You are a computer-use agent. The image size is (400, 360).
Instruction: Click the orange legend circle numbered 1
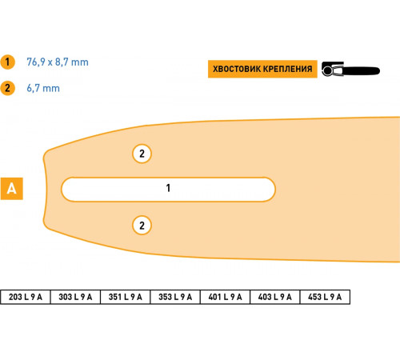(x=7, y=62)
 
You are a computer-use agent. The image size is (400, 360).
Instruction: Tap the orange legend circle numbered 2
(x=7, y=88)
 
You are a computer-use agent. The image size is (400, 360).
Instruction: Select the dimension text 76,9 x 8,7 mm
(x=58, y=62)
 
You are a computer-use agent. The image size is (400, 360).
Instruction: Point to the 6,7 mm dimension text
(x=43, y=88)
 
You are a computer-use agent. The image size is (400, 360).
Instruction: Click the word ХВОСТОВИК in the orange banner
(x=236, y=69)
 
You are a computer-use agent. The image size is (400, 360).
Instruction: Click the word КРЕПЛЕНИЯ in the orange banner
(x=287, y=69)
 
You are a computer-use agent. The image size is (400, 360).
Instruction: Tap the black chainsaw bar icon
(x=350, y=70)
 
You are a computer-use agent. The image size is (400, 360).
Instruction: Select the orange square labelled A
(x=12, y=189)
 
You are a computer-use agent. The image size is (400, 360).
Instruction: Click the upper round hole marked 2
(x=142, y=154)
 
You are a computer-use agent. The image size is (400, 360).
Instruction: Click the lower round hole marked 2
(x=142, y=226)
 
